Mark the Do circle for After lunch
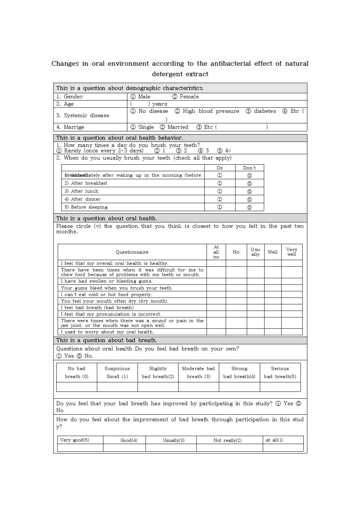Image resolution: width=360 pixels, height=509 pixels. pyautogui.click(x=220, y=191)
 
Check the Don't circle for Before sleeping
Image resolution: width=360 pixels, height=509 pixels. pyautogui.click(x=249, y=208)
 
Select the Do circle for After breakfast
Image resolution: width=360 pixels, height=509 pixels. pyautogui.click(x=220, y=183)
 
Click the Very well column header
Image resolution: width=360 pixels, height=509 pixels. pyautogui.click(x=291, y=252)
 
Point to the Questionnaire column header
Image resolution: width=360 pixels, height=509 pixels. pyautogui.click(x=132, y=252)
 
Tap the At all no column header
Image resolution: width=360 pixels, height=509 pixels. pyautogui.click(x=216, y=252)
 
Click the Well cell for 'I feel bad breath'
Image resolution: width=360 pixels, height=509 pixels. pyautogui.click(x=273, y=308)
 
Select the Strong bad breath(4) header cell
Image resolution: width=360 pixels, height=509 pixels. pyautogui.click(x=239, y=373)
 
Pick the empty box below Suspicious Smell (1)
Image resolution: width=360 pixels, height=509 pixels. pyautogui.click(x=117, y=387)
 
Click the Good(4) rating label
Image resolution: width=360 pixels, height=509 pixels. pyautogui.click(x=129, y=440)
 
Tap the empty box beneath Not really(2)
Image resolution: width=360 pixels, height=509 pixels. pyautogui.click(x=229, y=448)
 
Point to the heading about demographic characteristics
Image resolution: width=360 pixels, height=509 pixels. pyautogui.click(x=130, y=88)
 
